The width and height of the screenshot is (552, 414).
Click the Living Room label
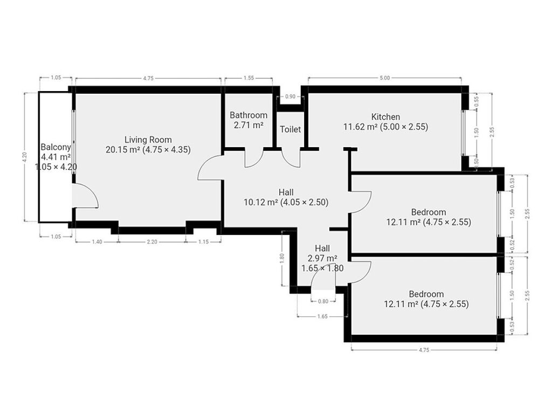(x=148, y=140)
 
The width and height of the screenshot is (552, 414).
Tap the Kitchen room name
(x=385, y=116)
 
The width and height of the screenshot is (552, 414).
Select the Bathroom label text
(x=249, y=115)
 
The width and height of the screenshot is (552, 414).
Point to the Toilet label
(x=291, y=129)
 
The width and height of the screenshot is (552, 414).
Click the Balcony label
(x=56, y=147)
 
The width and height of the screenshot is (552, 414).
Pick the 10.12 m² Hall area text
(x=261, y=202)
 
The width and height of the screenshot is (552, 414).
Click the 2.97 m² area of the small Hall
(x=322, y=258)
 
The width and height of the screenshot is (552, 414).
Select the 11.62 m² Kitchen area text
(x=361, y=127)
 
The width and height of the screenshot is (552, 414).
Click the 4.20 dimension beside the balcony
(x=25, y=157)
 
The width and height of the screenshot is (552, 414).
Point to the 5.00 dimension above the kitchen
(x=385, y=78)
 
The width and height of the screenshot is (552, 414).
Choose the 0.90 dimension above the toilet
(x=290, y=97)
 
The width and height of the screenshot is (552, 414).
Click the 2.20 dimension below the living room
(x=152, y=242)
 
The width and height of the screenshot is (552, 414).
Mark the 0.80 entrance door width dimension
(x=323, y=301)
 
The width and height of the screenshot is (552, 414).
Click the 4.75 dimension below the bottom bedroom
(x=424, y=350)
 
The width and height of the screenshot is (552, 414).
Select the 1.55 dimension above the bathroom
(x=249, y=78)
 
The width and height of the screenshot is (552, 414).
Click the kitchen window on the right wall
(x=463, y=133)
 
